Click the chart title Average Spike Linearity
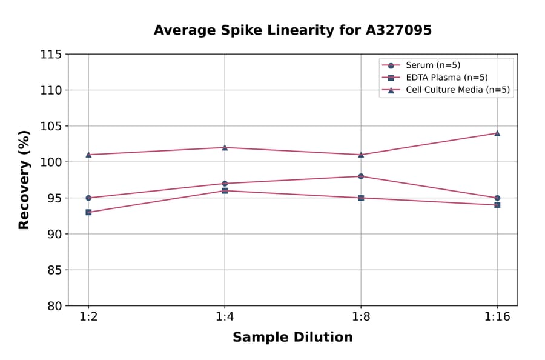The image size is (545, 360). (292, 30)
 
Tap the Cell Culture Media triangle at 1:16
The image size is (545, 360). (497, 133)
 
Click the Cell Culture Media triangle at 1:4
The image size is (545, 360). (225, 147)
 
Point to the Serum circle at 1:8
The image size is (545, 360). (361, 176)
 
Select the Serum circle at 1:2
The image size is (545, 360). (88, 198)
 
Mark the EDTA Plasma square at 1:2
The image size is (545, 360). (88, 212)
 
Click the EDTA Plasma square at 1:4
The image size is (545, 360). (225, 190)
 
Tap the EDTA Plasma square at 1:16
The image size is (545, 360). (497, 205)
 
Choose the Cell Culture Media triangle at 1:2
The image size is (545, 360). (88, 155)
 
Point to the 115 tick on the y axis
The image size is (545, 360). (51, 55)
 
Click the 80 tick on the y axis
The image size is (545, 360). (54, 306)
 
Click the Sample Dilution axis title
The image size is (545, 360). (292, 338)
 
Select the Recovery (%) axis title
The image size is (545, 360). (24, 179)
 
